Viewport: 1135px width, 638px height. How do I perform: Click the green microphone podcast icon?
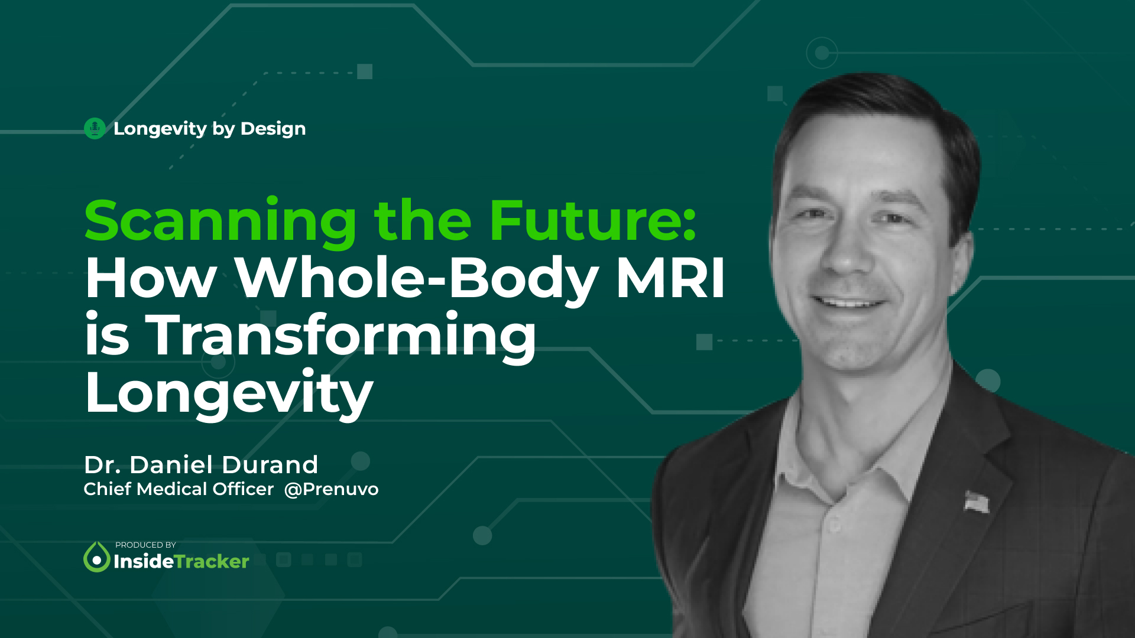[95, 128]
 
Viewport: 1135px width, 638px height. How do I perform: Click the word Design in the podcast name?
[273, 129]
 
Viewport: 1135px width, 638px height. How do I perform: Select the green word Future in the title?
[593, 221]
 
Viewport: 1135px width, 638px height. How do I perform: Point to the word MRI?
[670, 278]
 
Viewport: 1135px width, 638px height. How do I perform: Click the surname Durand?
[270, 465]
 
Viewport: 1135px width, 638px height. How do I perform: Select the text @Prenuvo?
[331, 489]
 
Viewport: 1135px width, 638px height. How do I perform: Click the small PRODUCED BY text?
[145, 545]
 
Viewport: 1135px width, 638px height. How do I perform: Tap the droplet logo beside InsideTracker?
[96, 557]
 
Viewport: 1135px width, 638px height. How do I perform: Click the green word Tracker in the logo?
[212, 561]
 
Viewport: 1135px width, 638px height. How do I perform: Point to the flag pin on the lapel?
[976, 501]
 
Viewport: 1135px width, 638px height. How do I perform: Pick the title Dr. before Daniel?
[102, 465]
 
